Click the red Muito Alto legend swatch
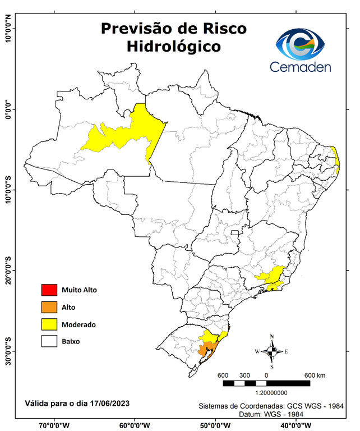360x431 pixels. coord(49,290)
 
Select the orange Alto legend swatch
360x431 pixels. coord(49,307)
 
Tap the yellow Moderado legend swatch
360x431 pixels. coord(49,324)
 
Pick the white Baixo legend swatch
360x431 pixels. coord(49,341)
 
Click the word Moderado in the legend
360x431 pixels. coord(79,324)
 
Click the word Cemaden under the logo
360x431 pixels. coord(301,67)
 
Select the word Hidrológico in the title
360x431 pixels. coord(173,47)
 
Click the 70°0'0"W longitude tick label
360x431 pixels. coord(54,425)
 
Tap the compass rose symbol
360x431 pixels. coord(272,351)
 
